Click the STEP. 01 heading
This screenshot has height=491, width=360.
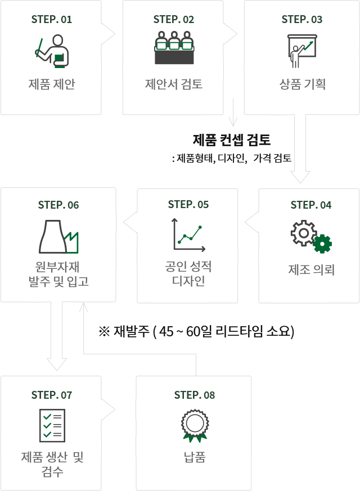(51, 20)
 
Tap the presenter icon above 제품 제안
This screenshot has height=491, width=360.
(52, 50)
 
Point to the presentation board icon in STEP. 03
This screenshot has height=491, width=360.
(301, 51)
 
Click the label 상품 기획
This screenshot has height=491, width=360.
(302, 84)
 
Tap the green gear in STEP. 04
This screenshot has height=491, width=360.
(322, 244)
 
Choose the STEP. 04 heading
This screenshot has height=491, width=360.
(311, 205)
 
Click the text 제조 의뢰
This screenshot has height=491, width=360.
(311, 270)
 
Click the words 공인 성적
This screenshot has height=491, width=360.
(188, 265)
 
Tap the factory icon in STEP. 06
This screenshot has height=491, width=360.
(60, 236)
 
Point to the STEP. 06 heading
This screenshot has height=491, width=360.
(58, 205)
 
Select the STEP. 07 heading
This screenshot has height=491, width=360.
(52, 395)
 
